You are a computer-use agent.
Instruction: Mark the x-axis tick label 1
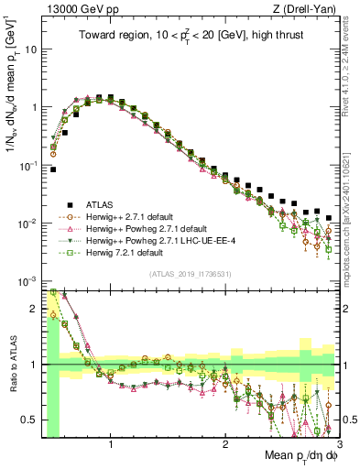coord(111,446)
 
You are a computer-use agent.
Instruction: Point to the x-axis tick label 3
coord(338,446)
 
